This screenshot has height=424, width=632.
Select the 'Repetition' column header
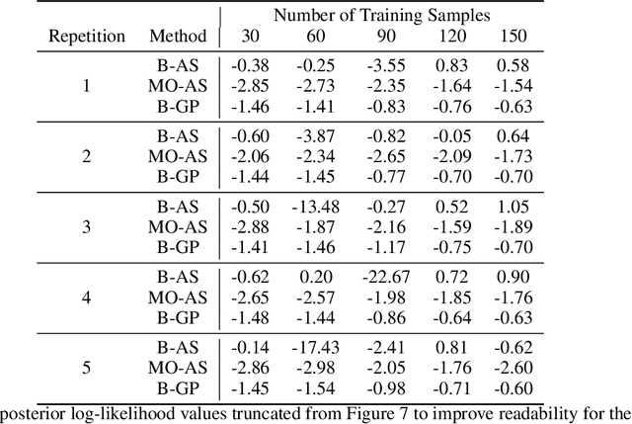click(88, 37)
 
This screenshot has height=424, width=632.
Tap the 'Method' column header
click(179, 37)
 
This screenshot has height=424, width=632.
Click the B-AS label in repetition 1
click(179, 65)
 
